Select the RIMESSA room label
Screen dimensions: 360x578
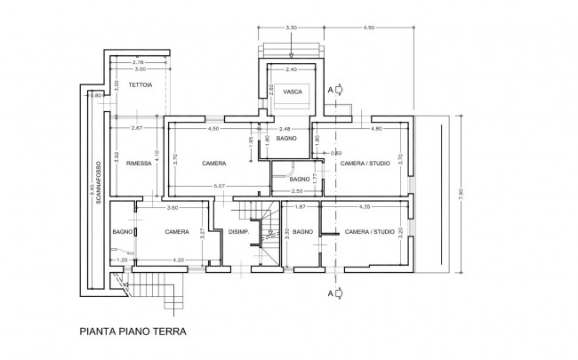138,164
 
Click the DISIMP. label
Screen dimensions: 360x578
237,232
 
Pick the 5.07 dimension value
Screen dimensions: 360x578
220,185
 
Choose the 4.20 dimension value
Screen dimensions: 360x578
179,260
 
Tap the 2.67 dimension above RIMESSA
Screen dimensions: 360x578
137,130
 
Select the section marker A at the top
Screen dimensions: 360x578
332,89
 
